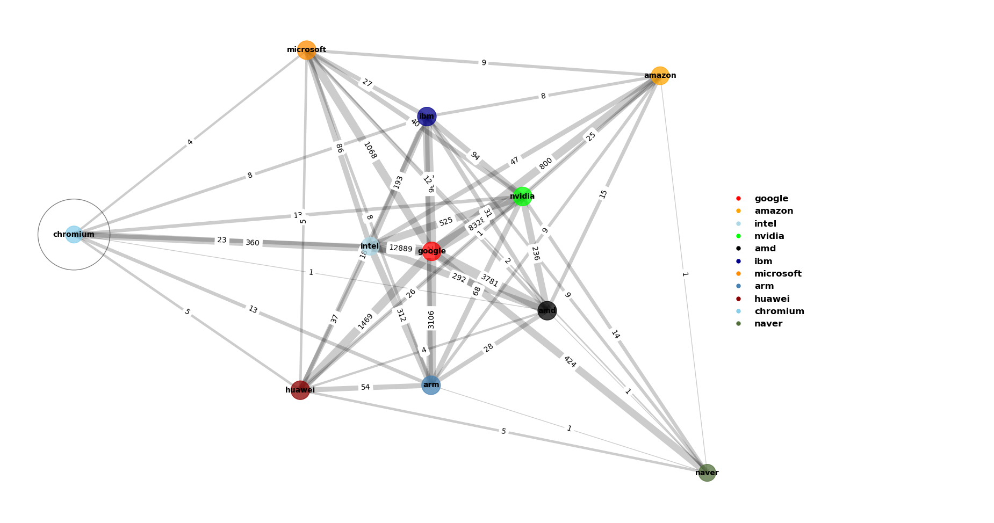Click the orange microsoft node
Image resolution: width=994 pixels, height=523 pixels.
tap(306, 50)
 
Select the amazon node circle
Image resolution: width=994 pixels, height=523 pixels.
tap(660, 76)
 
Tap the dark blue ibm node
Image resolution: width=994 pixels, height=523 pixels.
tap(427, 117)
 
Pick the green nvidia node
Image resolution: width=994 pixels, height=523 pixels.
tap(522, 197)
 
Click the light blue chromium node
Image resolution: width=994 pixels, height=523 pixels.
tap(74, 235)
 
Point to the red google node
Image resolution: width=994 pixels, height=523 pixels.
tap(431, 251)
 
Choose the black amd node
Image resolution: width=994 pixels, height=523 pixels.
tap(547, 310)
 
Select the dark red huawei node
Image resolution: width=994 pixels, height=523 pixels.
tap(300, 390)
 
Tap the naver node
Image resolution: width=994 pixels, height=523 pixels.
tap(707, 473)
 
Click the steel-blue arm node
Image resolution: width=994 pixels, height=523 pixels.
tap(431, 385)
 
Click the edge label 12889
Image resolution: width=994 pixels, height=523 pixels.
tap(400, 249)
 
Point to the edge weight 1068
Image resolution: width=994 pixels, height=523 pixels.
tap(370, 150)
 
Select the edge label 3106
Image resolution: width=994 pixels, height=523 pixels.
tap(431, 319)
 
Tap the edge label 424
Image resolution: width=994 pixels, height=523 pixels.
tap(570, 362)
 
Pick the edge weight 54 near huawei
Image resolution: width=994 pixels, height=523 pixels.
tap(365, 387)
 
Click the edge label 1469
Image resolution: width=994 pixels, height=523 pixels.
tap(365, 321)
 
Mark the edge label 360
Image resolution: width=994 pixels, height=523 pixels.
tap(253, 243)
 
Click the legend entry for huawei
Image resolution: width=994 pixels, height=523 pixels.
tap(772, 299)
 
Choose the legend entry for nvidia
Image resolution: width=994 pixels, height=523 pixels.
tap(769, 236)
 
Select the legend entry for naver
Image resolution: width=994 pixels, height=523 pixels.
tap(768, 324)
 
